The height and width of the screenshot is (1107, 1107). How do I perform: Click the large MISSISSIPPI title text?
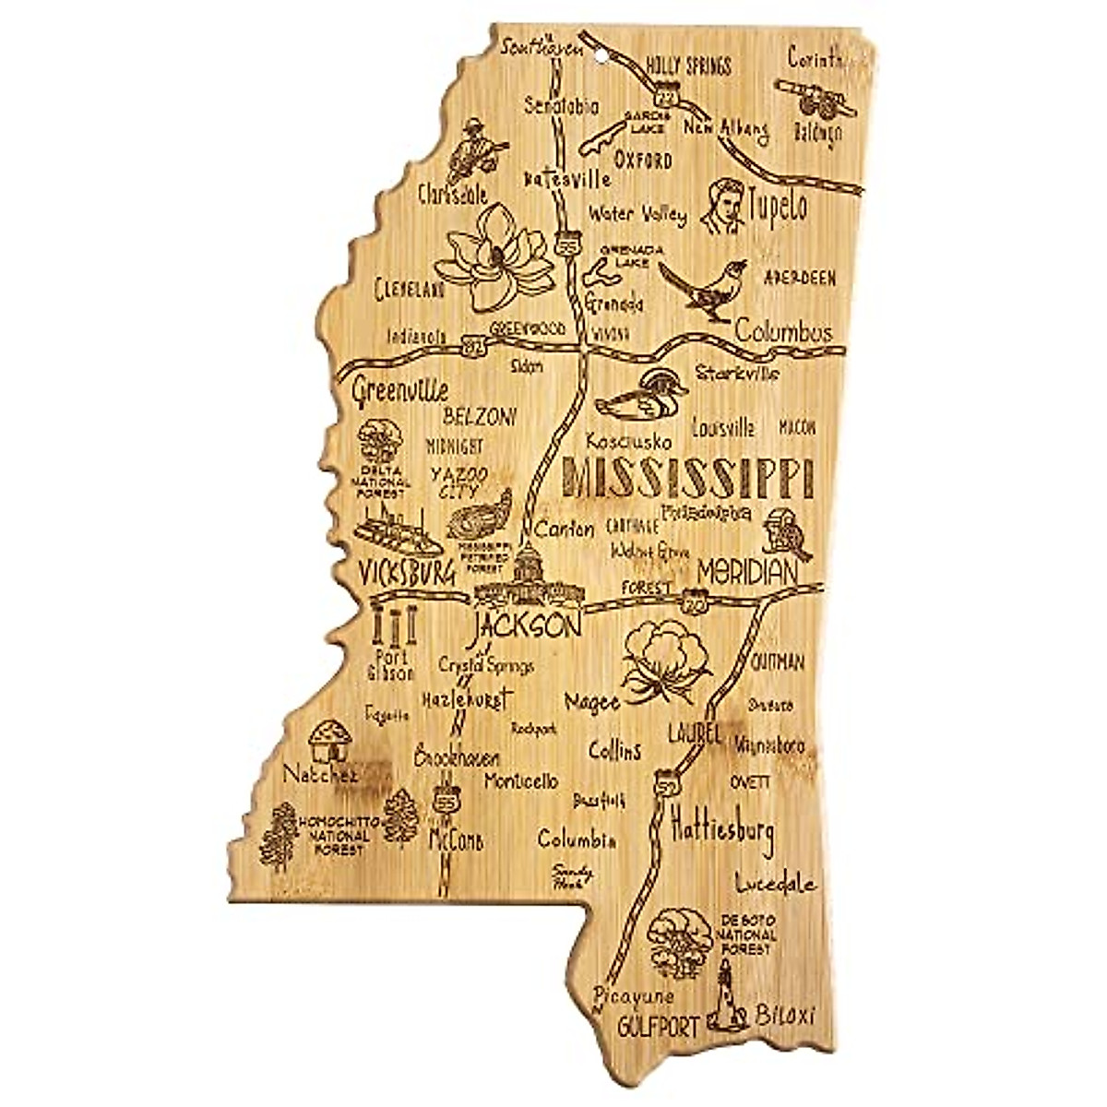[687, 478]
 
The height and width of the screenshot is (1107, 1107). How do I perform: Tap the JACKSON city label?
[526, 626]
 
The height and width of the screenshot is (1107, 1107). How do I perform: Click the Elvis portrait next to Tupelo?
[725, 205]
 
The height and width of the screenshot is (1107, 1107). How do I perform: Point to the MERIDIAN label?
[746, 573]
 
